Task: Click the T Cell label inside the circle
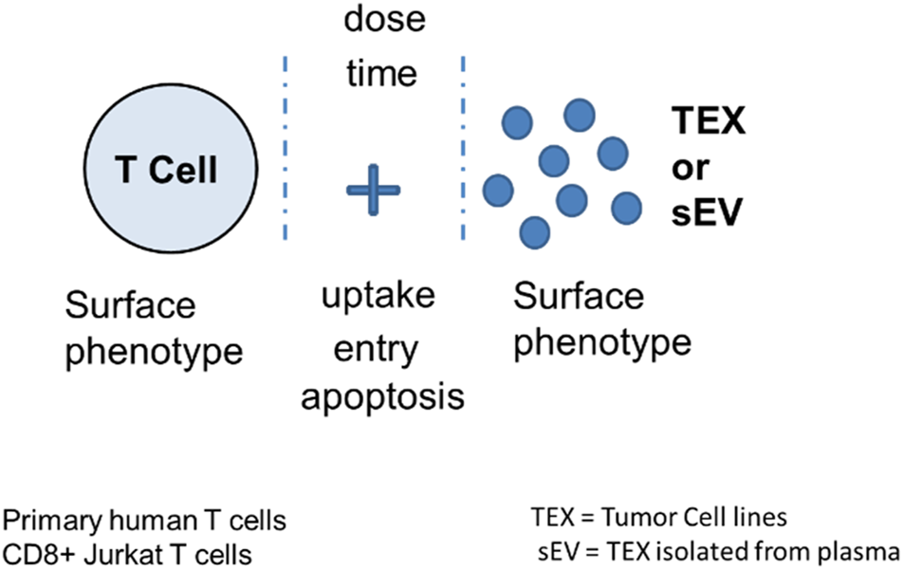click(167, 170)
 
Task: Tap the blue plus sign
click(373, 190)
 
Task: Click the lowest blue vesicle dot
click(536, 230)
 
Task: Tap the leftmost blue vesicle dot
click(498, 189)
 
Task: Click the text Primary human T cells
click(145, 521)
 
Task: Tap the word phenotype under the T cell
click(154, 353)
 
